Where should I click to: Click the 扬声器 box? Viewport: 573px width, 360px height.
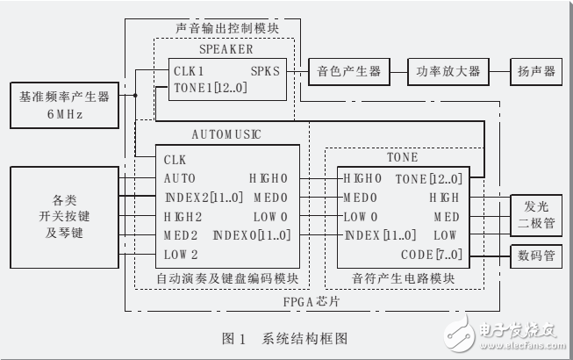click(x=535, y=71)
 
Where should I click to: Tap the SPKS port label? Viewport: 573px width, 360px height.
click(x=267, y=71)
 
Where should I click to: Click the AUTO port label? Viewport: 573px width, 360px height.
click(x=179, y=178)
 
